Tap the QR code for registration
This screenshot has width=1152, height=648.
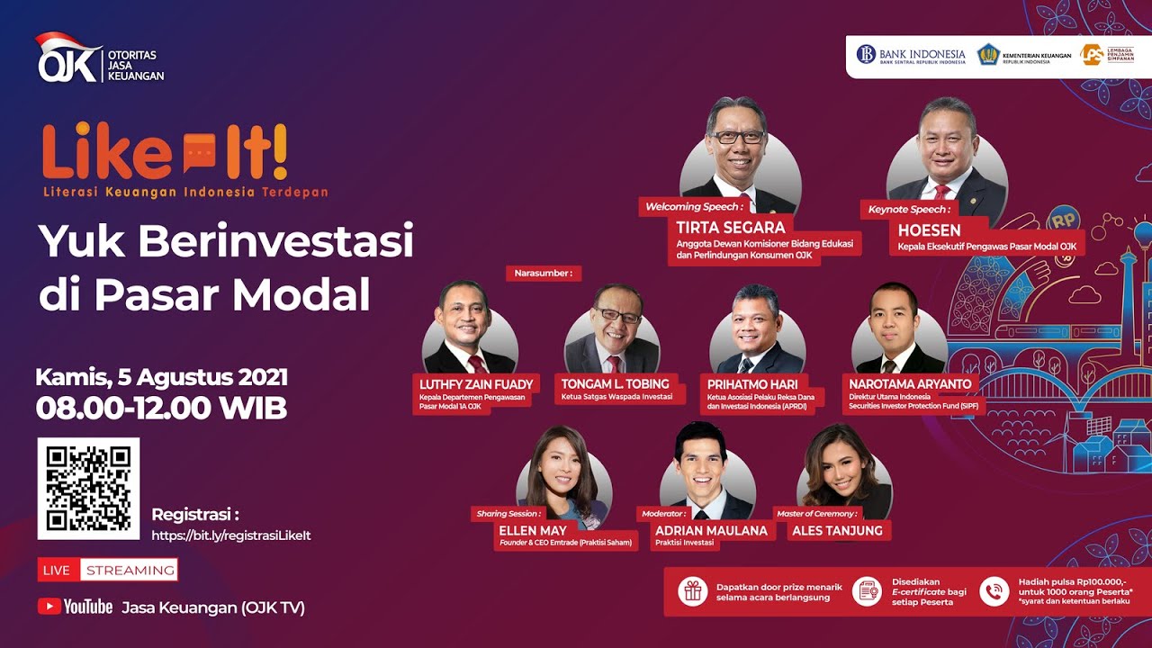(x=88, y=489)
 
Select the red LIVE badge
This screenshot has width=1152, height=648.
(x=58, y=570)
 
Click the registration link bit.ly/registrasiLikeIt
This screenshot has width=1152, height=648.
(x=231, y=535)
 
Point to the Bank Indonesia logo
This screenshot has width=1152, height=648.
(x=910, y=55)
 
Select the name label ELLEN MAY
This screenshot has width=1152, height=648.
(x=533, y=531)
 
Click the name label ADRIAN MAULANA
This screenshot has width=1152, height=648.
(x=711, y=531)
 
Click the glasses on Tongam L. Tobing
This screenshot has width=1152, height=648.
(x=618, y=316)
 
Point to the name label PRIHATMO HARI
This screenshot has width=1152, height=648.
(x=752, y=384)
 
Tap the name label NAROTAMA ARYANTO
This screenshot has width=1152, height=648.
(x=910, y=384)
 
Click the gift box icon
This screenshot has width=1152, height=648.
(x=691, y=591)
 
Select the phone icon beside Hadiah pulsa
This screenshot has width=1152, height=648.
(x=994, y=591)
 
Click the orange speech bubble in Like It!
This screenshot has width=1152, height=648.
(x=199, y=152)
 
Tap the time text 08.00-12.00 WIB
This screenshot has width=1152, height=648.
(x=161, y=408)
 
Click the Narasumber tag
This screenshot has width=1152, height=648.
(x=543, y=273)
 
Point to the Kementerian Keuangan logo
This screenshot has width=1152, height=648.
(x=989, y=55)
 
